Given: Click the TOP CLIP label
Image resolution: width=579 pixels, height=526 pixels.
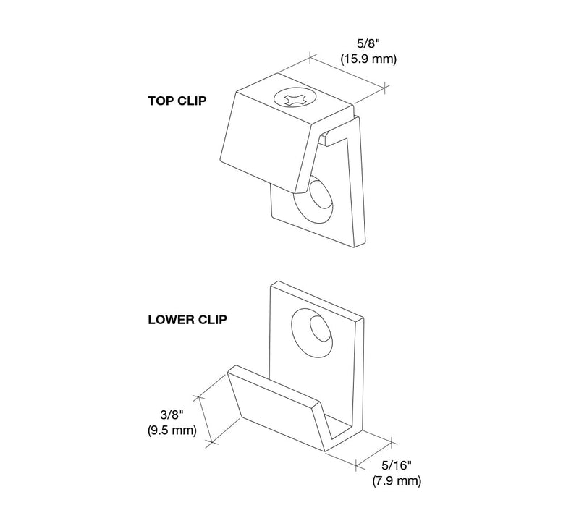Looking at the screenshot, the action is [177, 101].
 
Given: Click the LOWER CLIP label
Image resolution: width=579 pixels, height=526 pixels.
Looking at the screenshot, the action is [187, 320].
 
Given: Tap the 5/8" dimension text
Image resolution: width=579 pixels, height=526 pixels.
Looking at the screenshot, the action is [368, 44].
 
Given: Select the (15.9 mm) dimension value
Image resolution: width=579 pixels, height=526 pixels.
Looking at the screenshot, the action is [368, 59].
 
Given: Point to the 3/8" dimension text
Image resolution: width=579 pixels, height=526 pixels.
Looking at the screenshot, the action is [172, 415].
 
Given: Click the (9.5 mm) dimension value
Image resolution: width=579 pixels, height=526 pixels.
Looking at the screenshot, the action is [172, 430].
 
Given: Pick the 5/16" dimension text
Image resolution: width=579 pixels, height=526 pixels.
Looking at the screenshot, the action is [396, 465].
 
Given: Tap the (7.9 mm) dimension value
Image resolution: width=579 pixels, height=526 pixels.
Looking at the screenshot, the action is [397, 481].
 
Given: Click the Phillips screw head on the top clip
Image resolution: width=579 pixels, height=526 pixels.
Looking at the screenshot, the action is [295, 98].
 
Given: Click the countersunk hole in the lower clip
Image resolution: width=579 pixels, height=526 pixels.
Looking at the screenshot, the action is [312, 333].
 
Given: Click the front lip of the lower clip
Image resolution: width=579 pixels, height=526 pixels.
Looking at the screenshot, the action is [277, 408].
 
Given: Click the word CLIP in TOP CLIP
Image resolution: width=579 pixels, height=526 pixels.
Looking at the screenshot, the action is [192, 101].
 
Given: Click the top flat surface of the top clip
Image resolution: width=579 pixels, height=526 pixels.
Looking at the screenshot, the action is [295, 98].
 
